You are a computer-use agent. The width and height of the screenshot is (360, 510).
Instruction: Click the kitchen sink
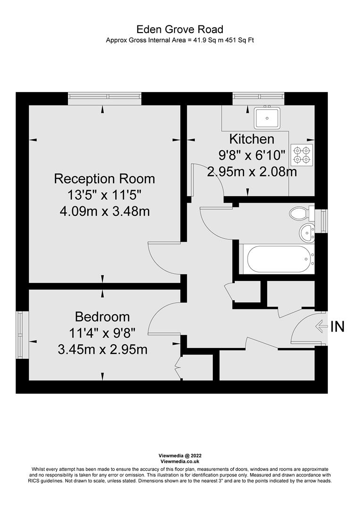pos(267,118)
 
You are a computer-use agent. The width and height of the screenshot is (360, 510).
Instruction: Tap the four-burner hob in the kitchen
pos(301,155)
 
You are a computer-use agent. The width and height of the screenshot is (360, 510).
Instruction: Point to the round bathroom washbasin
pos(307,233)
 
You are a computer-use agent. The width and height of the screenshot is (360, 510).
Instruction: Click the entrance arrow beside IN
pos(321,326)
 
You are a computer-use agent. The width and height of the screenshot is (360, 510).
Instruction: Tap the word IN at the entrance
pos(337,326)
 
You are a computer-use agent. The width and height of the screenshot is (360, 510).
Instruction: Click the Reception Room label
pos(104,179)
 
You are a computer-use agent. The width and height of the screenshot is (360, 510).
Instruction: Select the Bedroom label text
pos(102,316)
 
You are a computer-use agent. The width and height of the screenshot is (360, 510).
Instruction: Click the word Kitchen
pos(251,139)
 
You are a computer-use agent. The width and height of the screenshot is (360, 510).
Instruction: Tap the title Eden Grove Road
pos(180,30)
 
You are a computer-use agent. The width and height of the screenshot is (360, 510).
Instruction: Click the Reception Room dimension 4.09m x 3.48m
pos(104,211)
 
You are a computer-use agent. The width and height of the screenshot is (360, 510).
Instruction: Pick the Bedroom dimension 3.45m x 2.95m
pos(102,349)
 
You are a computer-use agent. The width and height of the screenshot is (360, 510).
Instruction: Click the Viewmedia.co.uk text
pos(180,461)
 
